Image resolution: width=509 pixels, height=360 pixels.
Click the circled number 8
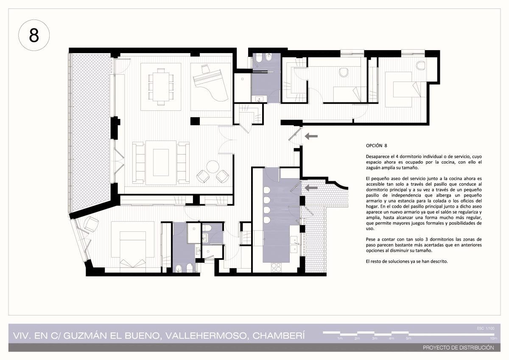(x=34, y=36)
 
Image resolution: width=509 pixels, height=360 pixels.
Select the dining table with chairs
(x=161, y=87)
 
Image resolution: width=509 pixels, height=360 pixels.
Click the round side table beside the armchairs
(x=213, y=167)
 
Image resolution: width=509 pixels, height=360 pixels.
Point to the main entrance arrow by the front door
(x=311, y=136)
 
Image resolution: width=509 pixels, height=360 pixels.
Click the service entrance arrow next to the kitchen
(x=311, y=188)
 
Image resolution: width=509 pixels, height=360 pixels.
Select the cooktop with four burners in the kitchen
(x=277, y=267)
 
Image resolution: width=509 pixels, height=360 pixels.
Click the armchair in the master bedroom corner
(x=91, y=224)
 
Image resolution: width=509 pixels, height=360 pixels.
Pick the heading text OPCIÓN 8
(x=376, y=146)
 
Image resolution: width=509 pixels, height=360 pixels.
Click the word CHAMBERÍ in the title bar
(x=278, y=336)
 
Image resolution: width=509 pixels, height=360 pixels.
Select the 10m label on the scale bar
(x=494, y=338)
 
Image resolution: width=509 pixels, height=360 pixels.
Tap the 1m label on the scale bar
(x=340, y=338)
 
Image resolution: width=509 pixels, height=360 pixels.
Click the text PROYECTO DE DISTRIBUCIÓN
(x=459, y=348)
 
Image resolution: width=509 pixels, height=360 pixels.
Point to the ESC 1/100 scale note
(x=486, y=329)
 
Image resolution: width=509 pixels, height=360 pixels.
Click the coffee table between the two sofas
(x=161, y=162)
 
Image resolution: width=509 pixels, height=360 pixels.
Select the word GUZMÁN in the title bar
(x=85, y=336)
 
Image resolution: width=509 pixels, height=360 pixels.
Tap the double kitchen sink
(x=294, y=245)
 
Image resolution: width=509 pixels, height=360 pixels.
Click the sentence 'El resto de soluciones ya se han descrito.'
(x=407, y=262)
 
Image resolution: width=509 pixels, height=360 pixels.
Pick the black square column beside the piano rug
(x=195, y=121)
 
